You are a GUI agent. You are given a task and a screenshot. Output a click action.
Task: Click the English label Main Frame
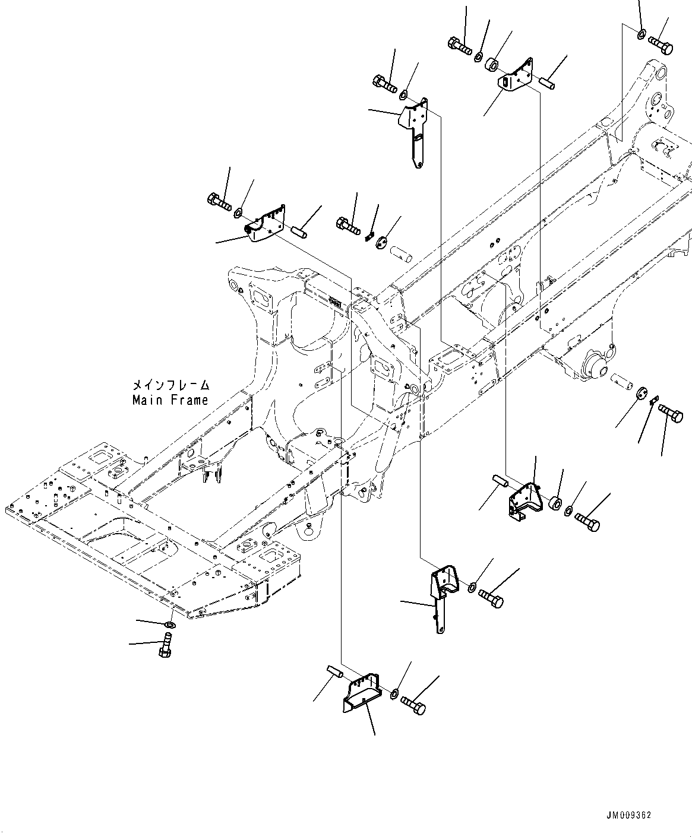click(170, 400)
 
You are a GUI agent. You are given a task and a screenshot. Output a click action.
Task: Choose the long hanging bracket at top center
click(414, 131)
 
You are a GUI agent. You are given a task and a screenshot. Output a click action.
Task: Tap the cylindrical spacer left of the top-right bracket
click(492, 64)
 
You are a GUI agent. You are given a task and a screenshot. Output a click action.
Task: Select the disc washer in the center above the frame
click(382, 240)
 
